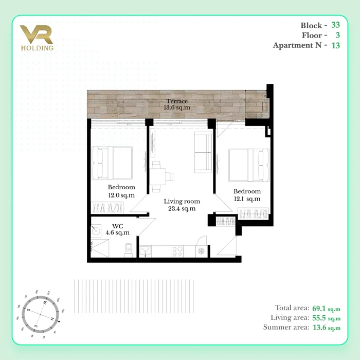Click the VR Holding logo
37,38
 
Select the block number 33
335,25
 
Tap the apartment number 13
335,45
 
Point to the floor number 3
337,35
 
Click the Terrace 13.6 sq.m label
177,104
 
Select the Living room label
182,202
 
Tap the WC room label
118,226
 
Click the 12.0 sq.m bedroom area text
121,195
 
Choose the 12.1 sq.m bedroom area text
247,199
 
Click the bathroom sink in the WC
96,230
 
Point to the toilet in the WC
129,250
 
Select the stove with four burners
177,251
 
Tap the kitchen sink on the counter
146,251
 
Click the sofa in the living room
203,152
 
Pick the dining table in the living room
158,176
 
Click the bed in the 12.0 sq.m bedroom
112,163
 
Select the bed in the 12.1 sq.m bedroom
249,165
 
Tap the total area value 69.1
319,308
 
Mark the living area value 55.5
319,318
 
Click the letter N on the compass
52,319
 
